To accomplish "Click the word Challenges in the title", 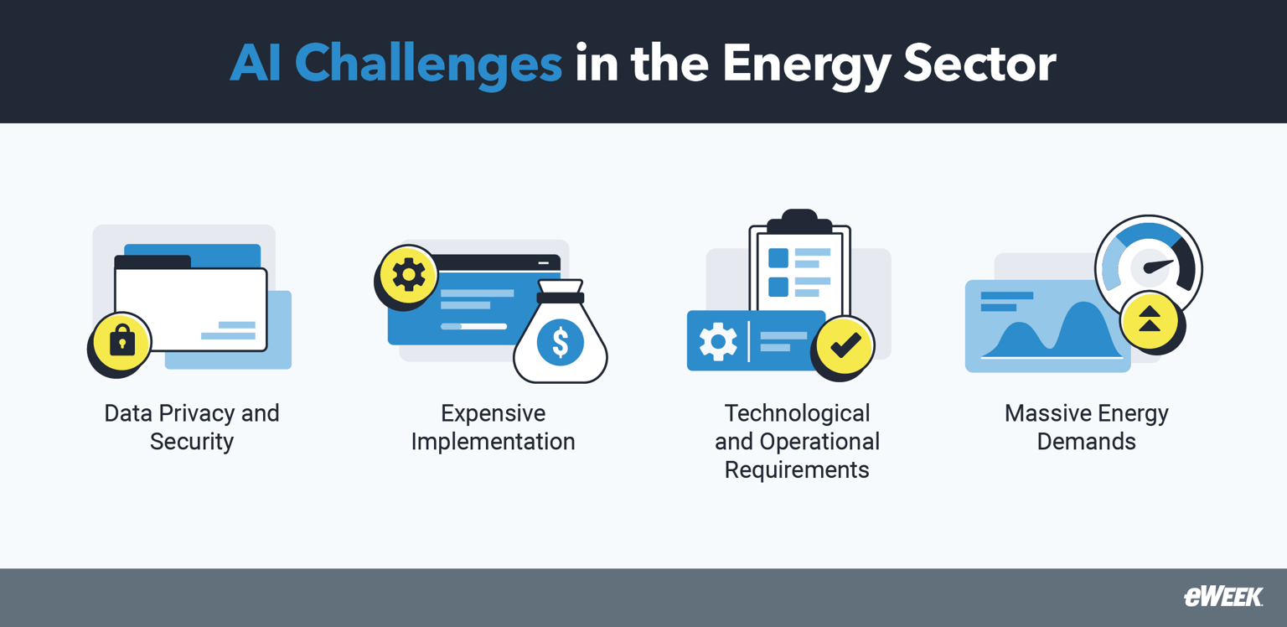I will (428, 63).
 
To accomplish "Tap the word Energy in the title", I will (806, 63).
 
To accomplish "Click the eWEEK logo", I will (1222, 597).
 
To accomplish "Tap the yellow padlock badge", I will (122, 342).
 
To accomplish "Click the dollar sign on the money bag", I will (560, 342).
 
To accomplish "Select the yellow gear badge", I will (409, 275).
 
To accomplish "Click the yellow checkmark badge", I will (845, 345).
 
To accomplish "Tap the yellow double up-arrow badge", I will (1150, 320).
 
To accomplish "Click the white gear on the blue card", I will (718, 341).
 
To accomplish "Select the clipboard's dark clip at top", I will (799, 222).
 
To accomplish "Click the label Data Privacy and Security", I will (192, 427).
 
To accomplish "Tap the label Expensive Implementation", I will (493, 427).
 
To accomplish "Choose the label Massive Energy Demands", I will (1086, 427).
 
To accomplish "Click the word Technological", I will (797, 413).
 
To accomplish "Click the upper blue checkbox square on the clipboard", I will (778, 257).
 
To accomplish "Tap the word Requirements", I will (797, 469).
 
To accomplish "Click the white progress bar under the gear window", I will (473, 326).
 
